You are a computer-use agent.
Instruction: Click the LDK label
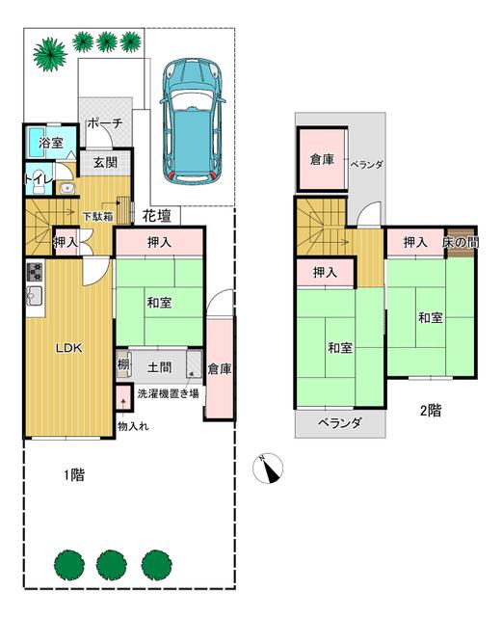[x=67, y=348]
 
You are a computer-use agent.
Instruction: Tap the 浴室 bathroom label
[x=51, y=144]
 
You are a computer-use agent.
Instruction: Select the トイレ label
[x=38, y=178]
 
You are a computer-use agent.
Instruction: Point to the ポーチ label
[x=103, y=124]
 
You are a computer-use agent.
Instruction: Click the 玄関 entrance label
[x=106, y=162]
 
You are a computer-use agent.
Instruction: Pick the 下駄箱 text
[x=96, y=216]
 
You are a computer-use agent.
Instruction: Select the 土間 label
[x=160, y=366]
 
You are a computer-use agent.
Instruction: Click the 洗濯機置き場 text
[x=168, y=393]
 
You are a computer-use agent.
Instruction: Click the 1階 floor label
[x=73, y=474]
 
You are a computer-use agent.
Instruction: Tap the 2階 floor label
[x=430, y=410]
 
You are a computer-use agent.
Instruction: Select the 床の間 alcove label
[x=460, y=242]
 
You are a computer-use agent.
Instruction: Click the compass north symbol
[x=269, y=469]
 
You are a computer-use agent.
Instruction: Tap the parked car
[x=193, y=121]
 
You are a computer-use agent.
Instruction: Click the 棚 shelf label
[x=123, y=365]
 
